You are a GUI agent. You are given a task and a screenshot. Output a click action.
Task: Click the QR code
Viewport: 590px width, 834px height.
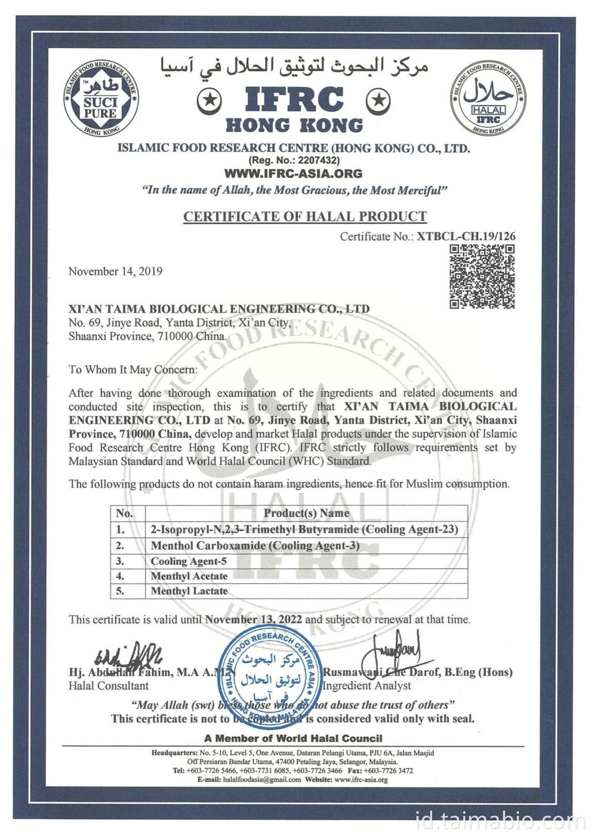click(482, 276)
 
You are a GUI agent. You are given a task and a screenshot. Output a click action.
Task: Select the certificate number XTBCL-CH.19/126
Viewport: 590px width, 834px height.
click(466, 236)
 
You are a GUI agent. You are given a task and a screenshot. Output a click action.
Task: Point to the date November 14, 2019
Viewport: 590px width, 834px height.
click(116, 271)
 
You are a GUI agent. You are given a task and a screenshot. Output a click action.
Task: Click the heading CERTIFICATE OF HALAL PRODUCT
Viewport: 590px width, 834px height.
click(305, 217)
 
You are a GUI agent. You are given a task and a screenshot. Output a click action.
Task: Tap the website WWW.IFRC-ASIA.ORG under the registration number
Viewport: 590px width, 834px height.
click(293, 173)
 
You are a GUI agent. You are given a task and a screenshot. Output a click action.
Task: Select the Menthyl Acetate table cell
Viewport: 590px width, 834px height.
click(189, 576)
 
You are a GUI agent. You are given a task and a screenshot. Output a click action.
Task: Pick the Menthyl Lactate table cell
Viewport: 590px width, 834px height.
click(189, 591)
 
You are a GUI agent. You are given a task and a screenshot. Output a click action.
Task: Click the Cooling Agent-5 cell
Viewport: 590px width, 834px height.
click(189, 561)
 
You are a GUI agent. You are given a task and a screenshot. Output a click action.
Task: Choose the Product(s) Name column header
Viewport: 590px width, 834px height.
click(306, 513)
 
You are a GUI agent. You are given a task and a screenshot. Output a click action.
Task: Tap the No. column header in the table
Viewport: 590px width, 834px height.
click(124, 514)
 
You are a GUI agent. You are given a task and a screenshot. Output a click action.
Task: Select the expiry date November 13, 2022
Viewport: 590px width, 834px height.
click(253, 620)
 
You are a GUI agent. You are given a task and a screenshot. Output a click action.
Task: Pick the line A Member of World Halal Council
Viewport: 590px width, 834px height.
click(293, 738)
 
